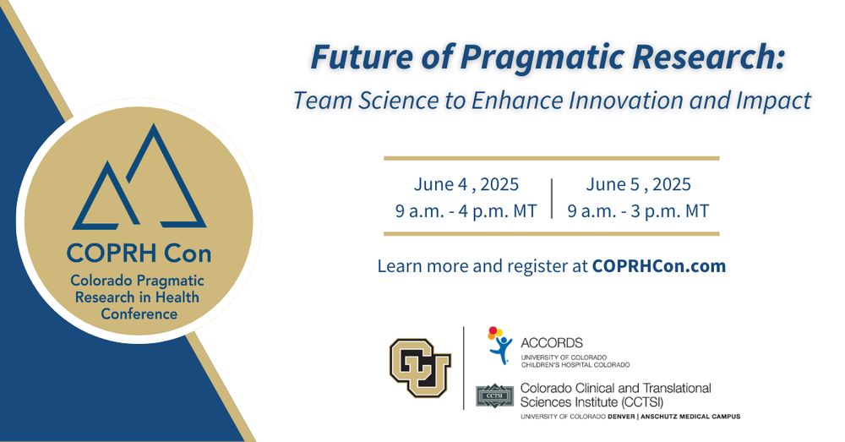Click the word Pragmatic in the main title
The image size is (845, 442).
pos(541,57)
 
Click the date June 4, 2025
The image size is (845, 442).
pos(466,184)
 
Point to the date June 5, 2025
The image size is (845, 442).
pos(638,184)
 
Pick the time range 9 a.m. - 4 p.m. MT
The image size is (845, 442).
pos(466,210)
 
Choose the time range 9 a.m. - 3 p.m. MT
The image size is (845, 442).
pos(638,210)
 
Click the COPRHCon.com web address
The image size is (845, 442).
pos(658,265)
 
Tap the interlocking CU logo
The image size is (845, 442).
pos(420,368)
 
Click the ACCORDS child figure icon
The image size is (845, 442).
pos(500,345)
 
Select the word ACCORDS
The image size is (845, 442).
pos(552,343)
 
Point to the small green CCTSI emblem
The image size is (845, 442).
pos(494,396)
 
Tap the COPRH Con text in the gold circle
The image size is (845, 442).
pos(139,253)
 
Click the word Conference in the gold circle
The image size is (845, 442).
pos(139,314)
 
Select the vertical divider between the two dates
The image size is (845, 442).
pos(552,199)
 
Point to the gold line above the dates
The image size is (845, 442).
pos(551,159)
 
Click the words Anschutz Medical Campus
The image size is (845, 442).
pos(691,416)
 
